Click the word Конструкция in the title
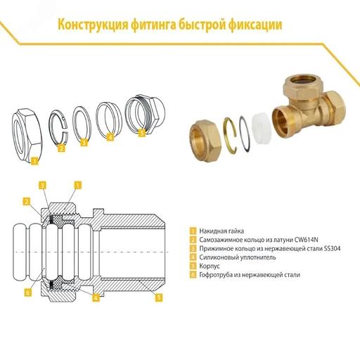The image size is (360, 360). pos(91,26)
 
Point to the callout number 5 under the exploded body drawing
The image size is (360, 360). pos(141,133)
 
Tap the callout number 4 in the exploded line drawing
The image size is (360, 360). pos(110,138)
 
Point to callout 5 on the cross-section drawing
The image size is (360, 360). pos(159,297)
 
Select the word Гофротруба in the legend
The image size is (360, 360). pos(217,275)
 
